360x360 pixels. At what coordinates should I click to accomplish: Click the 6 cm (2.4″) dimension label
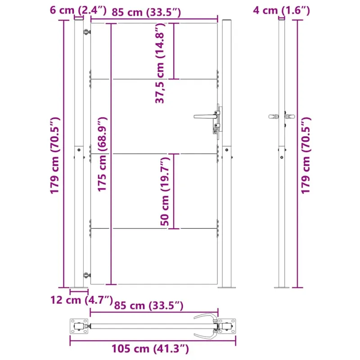78,10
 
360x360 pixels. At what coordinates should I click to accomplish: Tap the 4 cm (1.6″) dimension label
282,10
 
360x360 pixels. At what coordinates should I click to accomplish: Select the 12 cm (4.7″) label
81,300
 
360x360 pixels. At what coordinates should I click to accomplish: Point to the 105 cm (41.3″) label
150,348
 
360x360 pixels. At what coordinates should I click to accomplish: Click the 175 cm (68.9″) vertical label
102,154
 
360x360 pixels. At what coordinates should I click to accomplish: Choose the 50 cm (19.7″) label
165,191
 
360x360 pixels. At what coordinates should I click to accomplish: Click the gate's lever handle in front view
206,117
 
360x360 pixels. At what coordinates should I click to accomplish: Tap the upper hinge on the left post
86,32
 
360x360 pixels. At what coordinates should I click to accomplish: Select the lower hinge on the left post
86,275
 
